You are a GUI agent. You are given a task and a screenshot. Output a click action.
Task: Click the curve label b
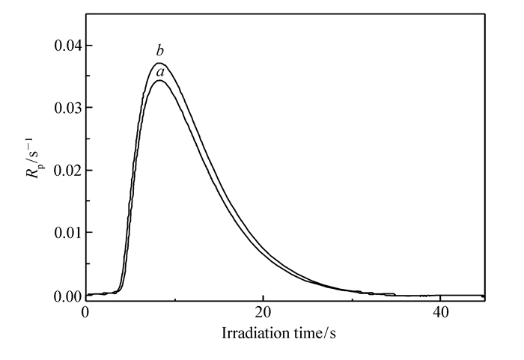tap(159, 51)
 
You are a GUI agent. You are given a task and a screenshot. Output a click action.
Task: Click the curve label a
tap(159, 71)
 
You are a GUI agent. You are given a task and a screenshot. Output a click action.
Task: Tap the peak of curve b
tap(159, 63)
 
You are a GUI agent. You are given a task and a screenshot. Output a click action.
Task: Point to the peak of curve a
tap(159, 80)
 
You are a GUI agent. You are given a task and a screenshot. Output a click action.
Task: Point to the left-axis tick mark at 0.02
tap(88, 171)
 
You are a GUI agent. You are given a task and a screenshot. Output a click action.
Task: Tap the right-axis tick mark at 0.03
tap(482, 108)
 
